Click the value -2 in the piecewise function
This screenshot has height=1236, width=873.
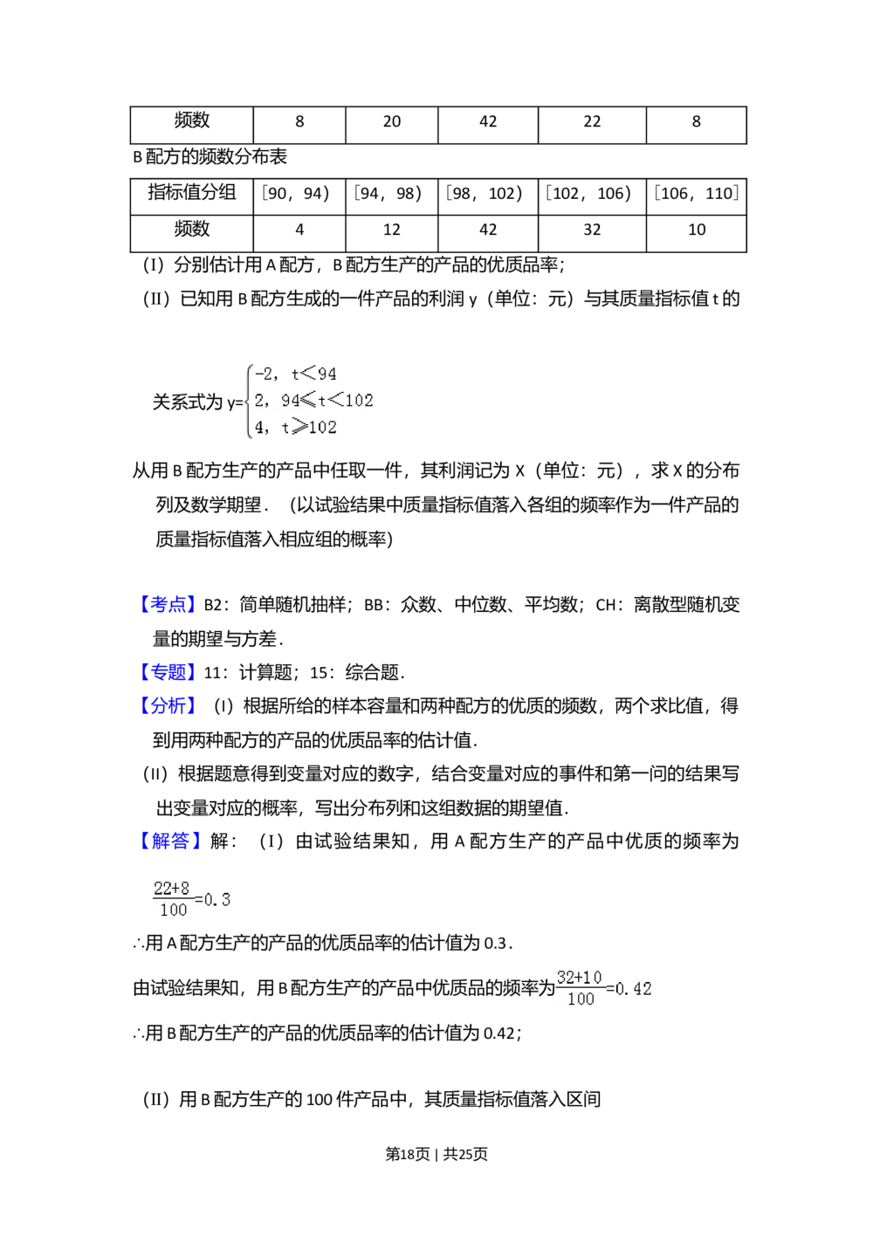point(263,374)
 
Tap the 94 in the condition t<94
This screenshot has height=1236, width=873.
point(327,374)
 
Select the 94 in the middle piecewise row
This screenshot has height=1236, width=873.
point(291,401)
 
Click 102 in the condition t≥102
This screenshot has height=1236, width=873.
point(322,428)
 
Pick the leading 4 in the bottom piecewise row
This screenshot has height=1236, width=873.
point(259,428)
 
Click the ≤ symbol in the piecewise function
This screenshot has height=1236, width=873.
point(309,401)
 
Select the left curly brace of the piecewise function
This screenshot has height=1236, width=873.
point(249,402)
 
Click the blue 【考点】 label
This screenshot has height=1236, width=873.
point(167,604)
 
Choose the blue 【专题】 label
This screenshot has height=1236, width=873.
point(167,671)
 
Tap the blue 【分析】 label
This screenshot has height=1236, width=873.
point(167,705)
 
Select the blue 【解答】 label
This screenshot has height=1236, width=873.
point(170,841)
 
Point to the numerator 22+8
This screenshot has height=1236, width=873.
point(171,889)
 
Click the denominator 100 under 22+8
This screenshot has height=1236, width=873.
point(174,910)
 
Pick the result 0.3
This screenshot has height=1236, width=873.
point(218,899)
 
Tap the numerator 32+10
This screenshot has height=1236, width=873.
point(579,978)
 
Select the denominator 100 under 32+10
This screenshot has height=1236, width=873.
point(581,999)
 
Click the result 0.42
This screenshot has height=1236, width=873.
point(633,989)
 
